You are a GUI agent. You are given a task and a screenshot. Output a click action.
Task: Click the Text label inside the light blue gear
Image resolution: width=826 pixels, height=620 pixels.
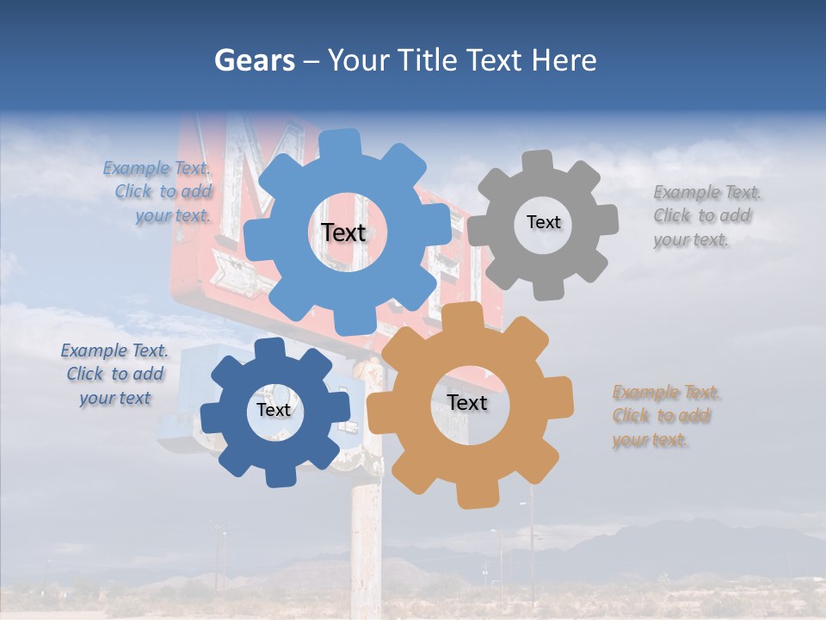[343, 232]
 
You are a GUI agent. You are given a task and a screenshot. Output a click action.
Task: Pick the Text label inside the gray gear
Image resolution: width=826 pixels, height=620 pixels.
[543, 222]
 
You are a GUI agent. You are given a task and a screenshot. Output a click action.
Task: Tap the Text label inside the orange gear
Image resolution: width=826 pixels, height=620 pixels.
[466, 403]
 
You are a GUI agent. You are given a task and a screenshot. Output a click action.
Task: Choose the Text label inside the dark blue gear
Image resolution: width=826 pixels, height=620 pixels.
[273, 410]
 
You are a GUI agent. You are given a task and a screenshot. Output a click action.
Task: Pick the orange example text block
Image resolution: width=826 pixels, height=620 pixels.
[666, 416]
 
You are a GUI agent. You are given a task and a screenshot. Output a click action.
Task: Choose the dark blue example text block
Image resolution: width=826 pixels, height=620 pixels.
[114, 375]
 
